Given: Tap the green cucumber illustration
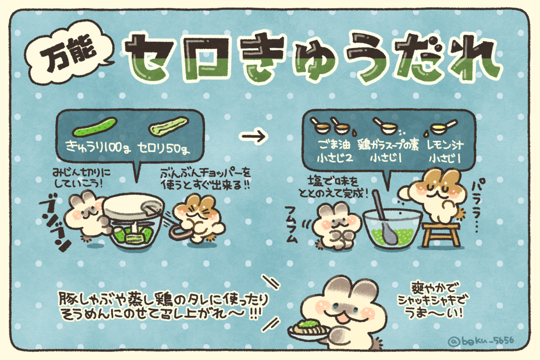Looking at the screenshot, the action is (x=95, y=127).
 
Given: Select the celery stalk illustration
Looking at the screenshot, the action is (x=168, y=126).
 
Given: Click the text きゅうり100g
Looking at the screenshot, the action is (x=98, y=147).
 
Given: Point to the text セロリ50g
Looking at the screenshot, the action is (x=163, y=148).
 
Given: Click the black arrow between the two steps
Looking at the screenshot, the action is (x=253, y=136).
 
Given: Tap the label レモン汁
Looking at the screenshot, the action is (x=445, y=145).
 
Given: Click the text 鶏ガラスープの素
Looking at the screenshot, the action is (x=388, y=145).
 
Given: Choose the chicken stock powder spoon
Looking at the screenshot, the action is (x=386, y=127).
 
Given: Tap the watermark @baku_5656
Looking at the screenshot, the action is (x=481, y=340).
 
